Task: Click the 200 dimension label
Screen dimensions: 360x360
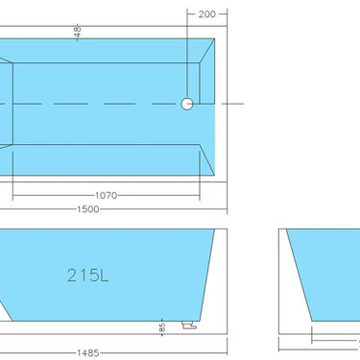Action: [x=208, y=14]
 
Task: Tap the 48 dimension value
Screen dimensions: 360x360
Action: [x=77, y=32]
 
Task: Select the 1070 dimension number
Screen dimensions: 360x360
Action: [x=107, y=195]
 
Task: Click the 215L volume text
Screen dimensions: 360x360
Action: [x=88, y=275]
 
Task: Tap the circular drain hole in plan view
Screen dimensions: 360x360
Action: [x=187, y=103]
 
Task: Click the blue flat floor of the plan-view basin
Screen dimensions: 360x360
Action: [x=106, y=104]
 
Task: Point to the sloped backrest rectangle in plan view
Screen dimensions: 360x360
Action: [x=5, y=104]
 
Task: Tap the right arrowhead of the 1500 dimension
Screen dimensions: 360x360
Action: [x=225, y=210]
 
